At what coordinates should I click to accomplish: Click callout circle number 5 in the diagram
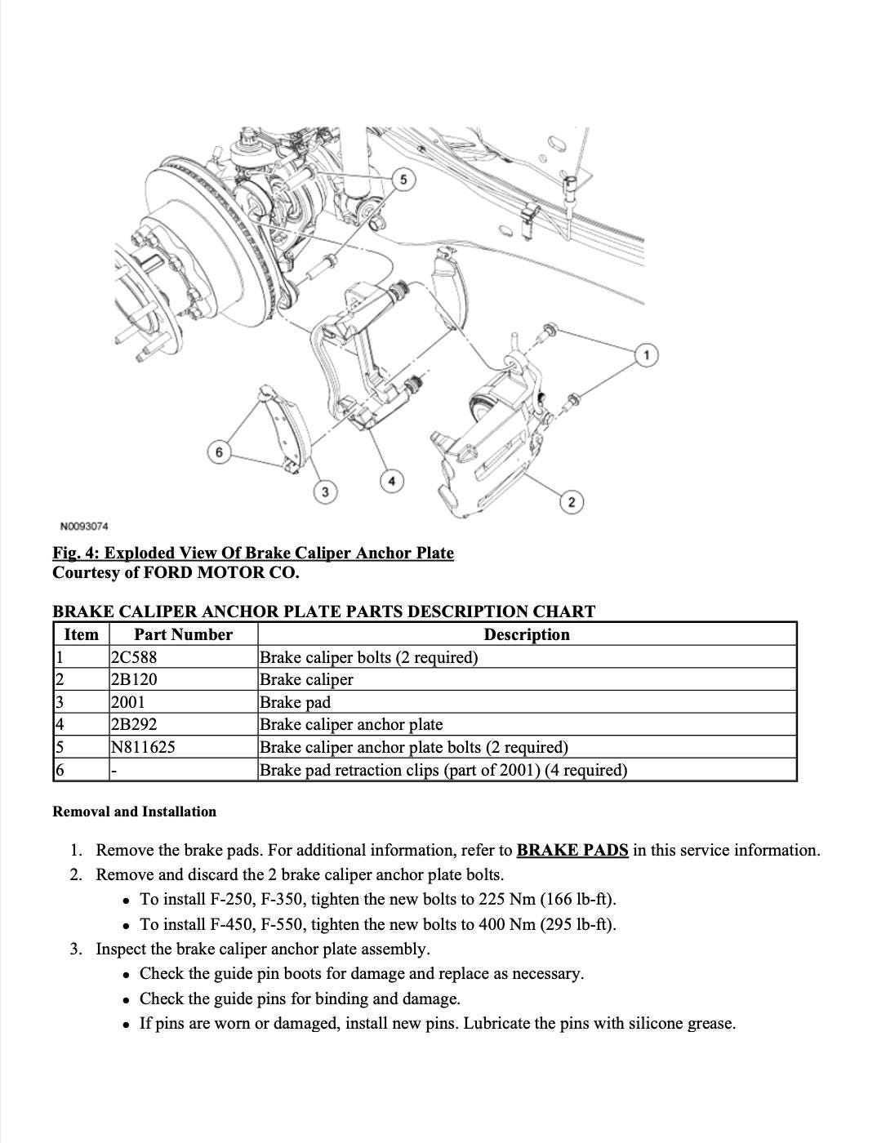point(403,179)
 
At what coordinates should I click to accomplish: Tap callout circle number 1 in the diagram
point(647,355)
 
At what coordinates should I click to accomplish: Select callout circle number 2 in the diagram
point(572,501)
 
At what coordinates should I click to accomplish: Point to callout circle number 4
point(391,481)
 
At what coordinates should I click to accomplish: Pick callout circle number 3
point(325,491)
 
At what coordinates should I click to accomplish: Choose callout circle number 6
point(218,452)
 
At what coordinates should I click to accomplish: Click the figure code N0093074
point(84,526)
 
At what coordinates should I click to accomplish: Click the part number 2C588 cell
point(133,657)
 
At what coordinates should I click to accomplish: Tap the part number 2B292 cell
point(133,724)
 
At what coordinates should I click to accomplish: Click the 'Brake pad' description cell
point(295,702)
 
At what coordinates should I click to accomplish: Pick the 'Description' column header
point(527,634)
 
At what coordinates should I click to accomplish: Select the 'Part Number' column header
point(183,634)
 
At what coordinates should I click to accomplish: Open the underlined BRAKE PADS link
point(572,850)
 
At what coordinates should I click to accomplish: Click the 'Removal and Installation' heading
point(134,812)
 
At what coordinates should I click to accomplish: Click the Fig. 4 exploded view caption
point(253,553)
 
